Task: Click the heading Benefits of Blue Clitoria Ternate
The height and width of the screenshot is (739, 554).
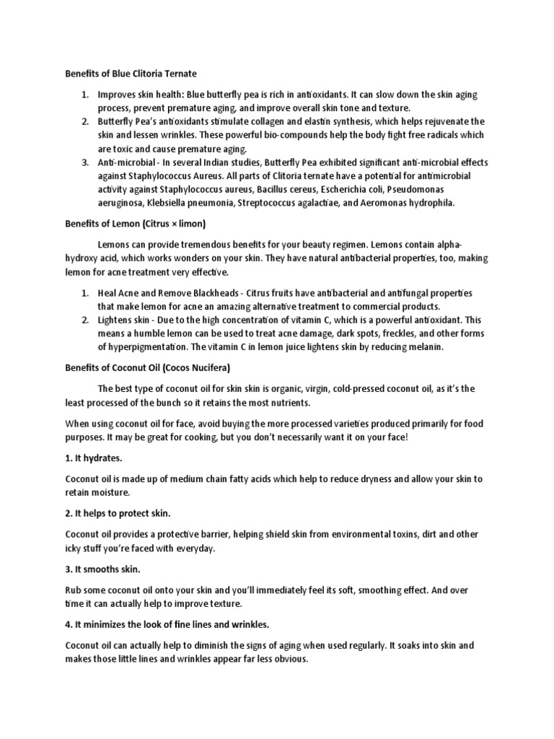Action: tap(131, 74)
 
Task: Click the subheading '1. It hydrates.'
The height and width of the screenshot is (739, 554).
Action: tap(94, 458)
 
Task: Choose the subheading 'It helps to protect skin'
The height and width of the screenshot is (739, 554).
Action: tap(118, 513)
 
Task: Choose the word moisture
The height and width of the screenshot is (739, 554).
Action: tap(110, 492)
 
